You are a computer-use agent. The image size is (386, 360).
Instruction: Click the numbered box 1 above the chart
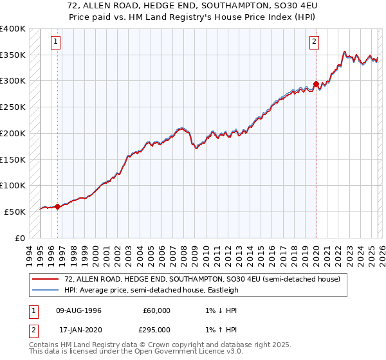click(x=57, y=42)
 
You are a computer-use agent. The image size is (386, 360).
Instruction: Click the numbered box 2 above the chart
click(x=314, y=42)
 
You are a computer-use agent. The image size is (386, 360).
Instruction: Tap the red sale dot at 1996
click(x=57, y=206)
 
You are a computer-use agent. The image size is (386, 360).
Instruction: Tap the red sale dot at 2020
click(x=316, y=84)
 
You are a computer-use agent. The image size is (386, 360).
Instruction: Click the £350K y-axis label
click(x=13, y=55)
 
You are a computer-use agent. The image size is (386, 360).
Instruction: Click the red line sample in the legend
click(x=45, y=279)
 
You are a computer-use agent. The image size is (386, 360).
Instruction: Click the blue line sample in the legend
click(x=45, y=290)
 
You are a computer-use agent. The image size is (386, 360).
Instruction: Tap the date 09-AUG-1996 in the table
click(x=78, y=310)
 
